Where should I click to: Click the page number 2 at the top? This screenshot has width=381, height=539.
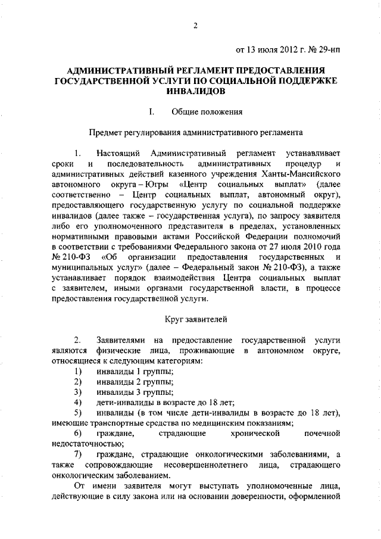pyautogui.click(x=195, y=24)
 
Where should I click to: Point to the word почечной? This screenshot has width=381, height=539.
pyautogui.click(x=321, y=432)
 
